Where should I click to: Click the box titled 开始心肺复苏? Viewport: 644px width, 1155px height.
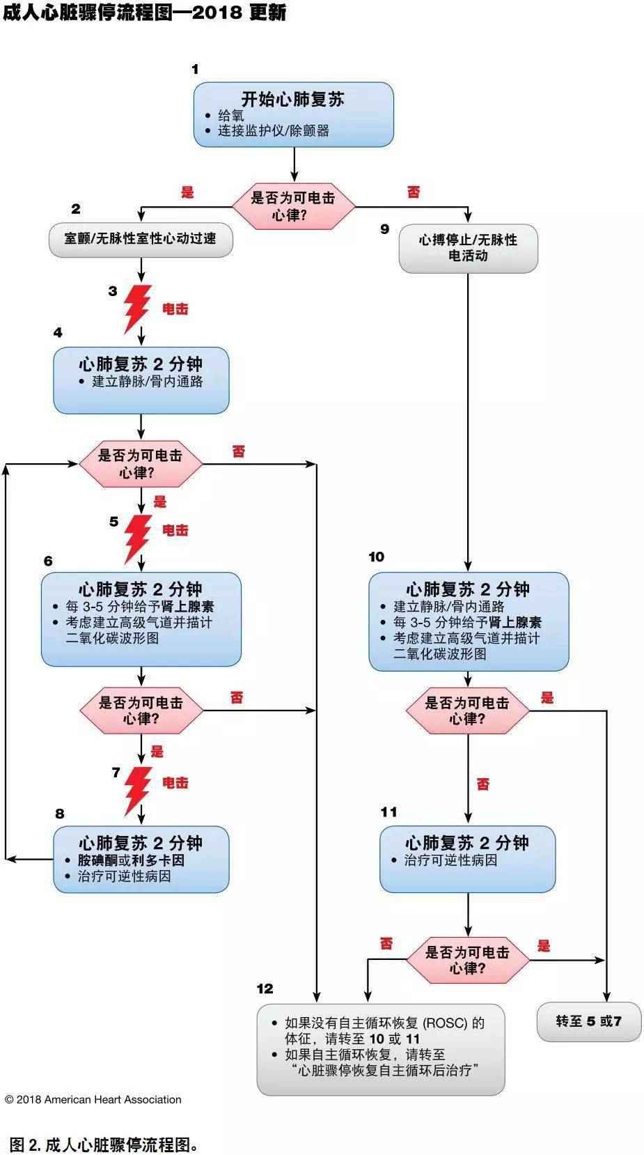click(x=293, y=114)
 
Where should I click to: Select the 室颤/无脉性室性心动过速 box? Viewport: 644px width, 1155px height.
click(x=141, y=239)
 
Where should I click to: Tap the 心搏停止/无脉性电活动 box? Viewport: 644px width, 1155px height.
click(x=468, y=248)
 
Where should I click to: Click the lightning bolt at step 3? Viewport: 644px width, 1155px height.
click(x=137, y=309)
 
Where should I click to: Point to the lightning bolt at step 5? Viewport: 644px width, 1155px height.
click(x=137, y=538)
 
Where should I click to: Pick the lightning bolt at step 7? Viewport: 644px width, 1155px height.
click(x=138, y=789)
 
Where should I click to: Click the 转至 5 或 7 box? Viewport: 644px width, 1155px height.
click(x=588, y=1021)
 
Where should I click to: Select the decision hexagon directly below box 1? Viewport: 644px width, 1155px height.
click(x=293, y=206)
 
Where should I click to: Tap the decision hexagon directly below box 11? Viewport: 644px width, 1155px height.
click(x=467, y=960)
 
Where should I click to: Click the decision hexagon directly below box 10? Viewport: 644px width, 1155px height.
click(x=467, y=711)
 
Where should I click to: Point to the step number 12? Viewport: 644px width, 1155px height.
click(x=265, y=989)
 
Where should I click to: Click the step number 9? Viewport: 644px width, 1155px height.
click(x=384, y=228)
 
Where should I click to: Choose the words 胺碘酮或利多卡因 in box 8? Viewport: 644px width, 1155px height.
click(x=131, y=860)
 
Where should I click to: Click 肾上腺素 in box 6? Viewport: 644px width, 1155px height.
click(x=187, y=607)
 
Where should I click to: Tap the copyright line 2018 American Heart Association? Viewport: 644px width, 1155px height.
click(x=93, y=1099)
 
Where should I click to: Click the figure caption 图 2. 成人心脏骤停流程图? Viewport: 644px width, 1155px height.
click(x=104, y=1144)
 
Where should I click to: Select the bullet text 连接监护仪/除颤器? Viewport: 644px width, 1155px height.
click(x=273, y=130)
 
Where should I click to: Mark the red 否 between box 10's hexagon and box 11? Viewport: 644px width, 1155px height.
click(x=483, y=784)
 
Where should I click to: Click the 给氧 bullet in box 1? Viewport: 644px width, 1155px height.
click(x=231, y=116)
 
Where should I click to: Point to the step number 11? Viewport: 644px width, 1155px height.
click(x=388, y=812)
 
